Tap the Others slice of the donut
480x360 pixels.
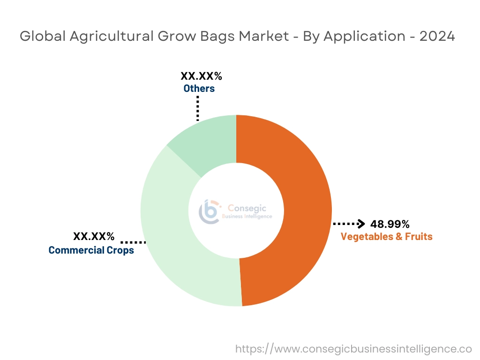click(206, 141)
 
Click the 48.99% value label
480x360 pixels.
click(390, 224)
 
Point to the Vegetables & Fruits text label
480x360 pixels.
click(386, 236)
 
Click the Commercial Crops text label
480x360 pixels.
click(91, 250)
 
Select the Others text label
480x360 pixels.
click(199, 88)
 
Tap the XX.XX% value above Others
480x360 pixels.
click(201, 76)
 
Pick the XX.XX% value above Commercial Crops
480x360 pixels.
click(94, 236)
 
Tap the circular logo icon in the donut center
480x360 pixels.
click(209, 212)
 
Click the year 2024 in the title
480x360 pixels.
click(437, 37)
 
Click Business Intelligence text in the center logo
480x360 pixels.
click(250, 217)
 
